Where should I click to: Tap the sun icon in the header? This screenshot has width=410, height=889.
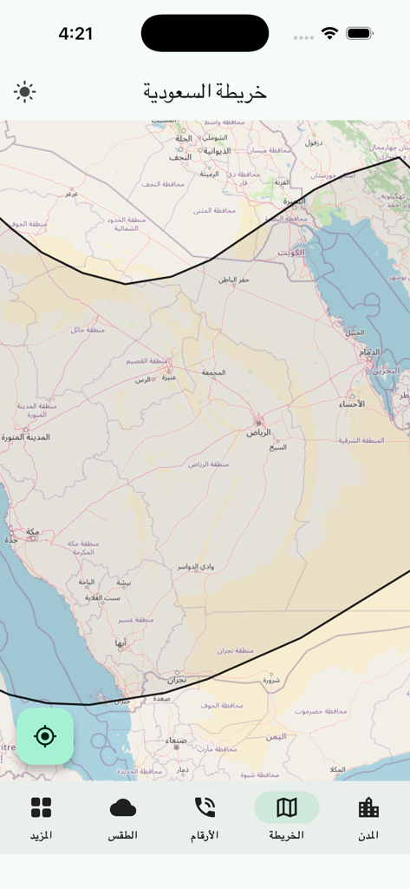(24, 91)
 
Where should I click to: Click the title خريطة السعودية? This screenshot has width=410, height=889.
(205, 91)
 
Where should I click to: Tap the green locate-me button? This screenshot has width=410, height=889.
(45, 736)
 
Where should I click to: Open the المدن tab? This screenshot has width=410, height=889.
(368, 818)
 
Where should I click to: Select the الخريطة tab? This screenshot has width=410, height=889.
(287, 818)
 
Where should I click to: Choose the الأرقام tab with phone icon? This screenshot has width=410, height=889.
(205, 818)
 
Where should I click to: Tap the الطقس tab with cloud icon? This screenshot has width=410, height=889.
(123, 818)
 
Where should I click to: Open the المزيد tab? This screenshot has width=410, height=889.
(41, 818)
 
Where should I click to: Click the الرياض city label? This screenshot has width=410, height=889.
(258, 431)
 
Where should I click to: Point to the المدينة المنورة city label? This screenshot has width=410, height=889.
(25, 437)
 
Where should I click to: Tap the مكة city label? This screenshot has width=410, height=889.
(32, 531)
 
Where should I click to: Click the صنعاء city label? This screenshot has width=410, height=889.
(176, 741)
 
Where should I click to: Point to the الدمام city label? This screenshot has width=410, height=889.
(369, 352)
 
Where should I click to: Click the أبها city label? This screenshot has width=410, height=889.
(120, 642)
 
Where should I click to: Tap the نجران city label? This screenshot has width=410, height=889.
(177, 680)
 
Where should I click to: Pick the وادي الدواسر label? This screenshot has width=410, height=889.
(193, 566)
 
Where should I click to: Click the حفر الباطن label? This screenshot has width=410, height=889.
(232, 280)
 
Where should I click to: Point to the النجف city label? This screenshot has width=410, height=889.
(180, 157)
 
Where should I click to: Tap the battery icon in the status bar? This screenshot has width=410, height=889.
(359, 34)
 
